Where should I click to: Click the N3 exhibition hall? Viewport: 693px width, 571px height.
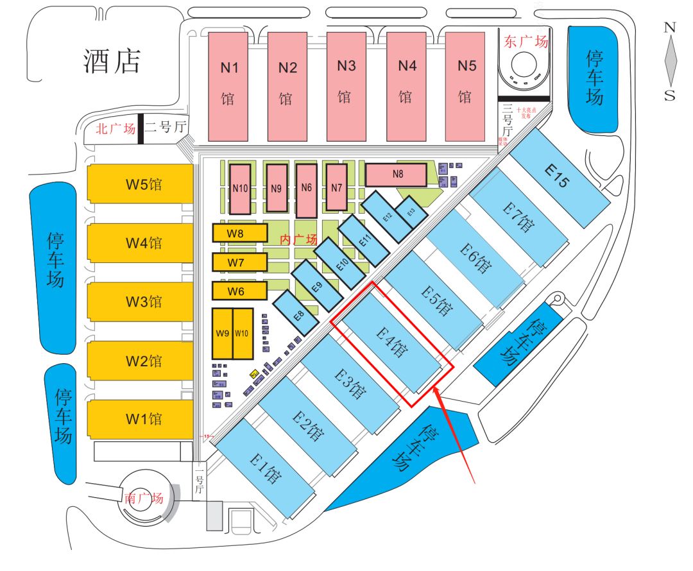[x=346, y=86]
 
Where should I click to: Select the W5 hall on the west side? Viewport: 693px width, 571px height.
[x=141, y=185]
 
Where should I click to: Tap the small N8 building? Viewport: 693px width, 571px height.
[x=397, y=174]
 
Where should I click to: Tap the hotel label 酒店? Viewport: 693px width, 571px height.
[x=112, y=61]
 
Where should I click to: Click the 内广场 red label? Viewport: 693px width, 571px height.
[x=299, y=239]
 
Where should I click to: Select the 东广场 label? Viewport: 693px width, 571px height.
[x=526, y=42]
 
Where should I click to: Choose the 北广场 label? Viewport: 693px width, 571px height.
[x=116, y=128]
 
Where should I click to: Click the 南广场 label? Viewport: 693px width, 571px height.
[x=144, y=498]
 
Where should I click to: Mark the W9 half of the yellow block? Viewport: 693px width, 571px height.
[x=223, y=334]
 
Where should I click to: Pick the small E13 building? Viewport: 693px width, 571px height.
[x=411, y=211]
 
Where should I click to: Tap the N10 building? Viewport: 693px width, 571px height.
[x=241, y=189]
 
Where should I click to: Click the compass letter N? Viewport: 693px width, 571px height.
[x=670, y=28]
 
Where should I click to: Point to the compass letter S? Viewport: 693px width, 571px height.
[x=670, y=95]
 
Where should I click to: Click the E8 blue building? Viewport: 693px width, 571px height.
[x=298, y=314]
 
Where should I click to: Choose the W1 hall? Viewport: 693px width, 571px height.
[x=141, y=420]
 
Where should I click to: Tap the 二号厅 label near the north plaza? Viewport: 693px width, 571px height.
[x=165, y=127]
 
